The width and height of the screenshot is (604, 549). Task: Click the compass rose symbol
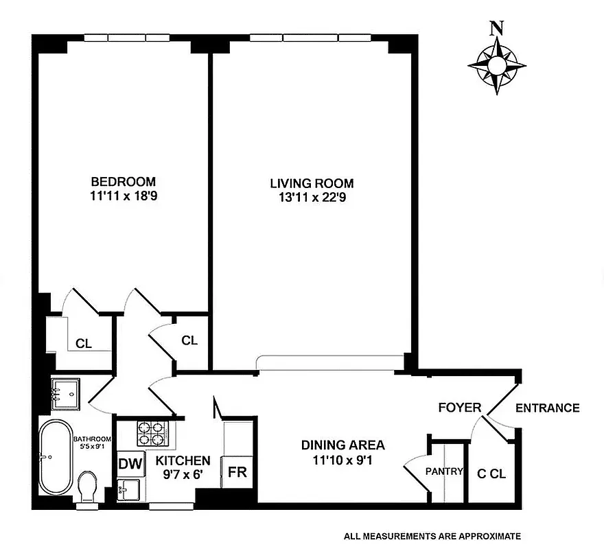pyautogui.click(x=496, y=66)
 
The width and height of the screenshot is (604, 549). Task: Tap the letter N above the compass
pyautogui.click(x=496, y=29)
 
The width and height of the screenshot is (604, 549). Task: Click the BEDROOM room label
pyautogui.click(x=124, y=182)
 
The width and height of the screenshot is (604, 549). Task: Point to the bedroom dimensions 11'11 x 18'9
pyautogui.click(x=124, y=196)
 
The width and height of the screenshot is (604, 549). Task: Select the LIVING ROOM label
pyautogui.click(x=312, y=183)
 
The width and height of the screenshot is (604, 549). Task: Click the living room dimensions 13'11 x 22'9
pyautogui.click(x=312, y=198)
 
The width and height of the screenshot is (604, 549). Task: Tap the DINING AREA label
pyautogui.click(x=342, y=445)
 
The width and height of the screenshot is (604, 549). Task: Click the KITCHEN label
pyautogui.click(x=183, y=460)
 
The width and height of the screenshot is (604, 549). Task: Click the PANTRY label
pyautogui.click(x=444, y=471)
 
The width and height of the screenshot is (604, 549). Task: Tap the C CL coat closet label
pyautogui.click(x=491, y=474)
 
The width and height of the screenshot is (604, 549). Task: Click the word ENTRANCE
pyautogui.click(x=547, y=408)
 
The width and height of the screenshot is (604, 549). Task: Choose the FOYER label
pyautogui.click(x=459, y=408)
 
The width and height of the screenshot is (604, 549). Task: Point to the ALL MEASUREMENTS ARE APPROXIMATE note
pyautogui.click(x=432, y=536)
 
